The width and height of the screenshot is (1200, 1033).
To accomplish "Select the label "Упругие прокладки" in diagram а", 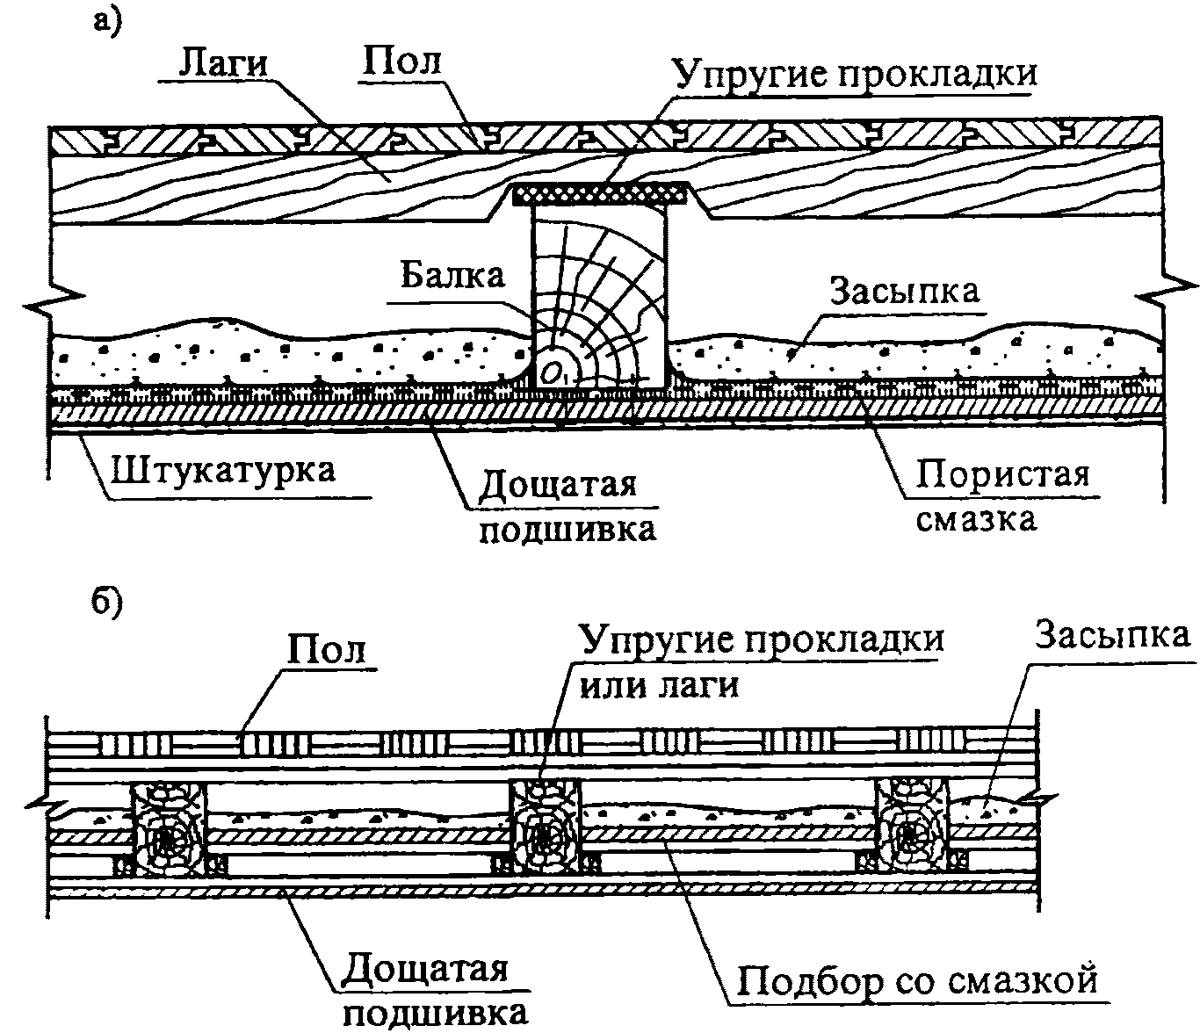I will [x=854, y=73].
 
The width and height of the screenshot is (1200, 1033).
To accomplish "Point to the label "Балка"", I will [x=452, y=275].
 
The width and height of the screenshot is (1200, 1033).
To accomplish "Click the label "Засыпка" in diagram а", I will [x=906, y=290].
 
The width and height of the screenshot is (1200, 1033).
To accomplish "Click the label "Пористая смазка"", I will [x=1001, y=496].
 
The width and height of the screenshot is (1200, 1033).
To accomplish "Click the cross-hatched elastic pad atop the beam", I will [x=602, y=190].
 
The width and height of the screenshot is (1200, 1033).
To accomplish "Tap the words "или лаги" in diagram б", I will [x=659, y=684].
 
